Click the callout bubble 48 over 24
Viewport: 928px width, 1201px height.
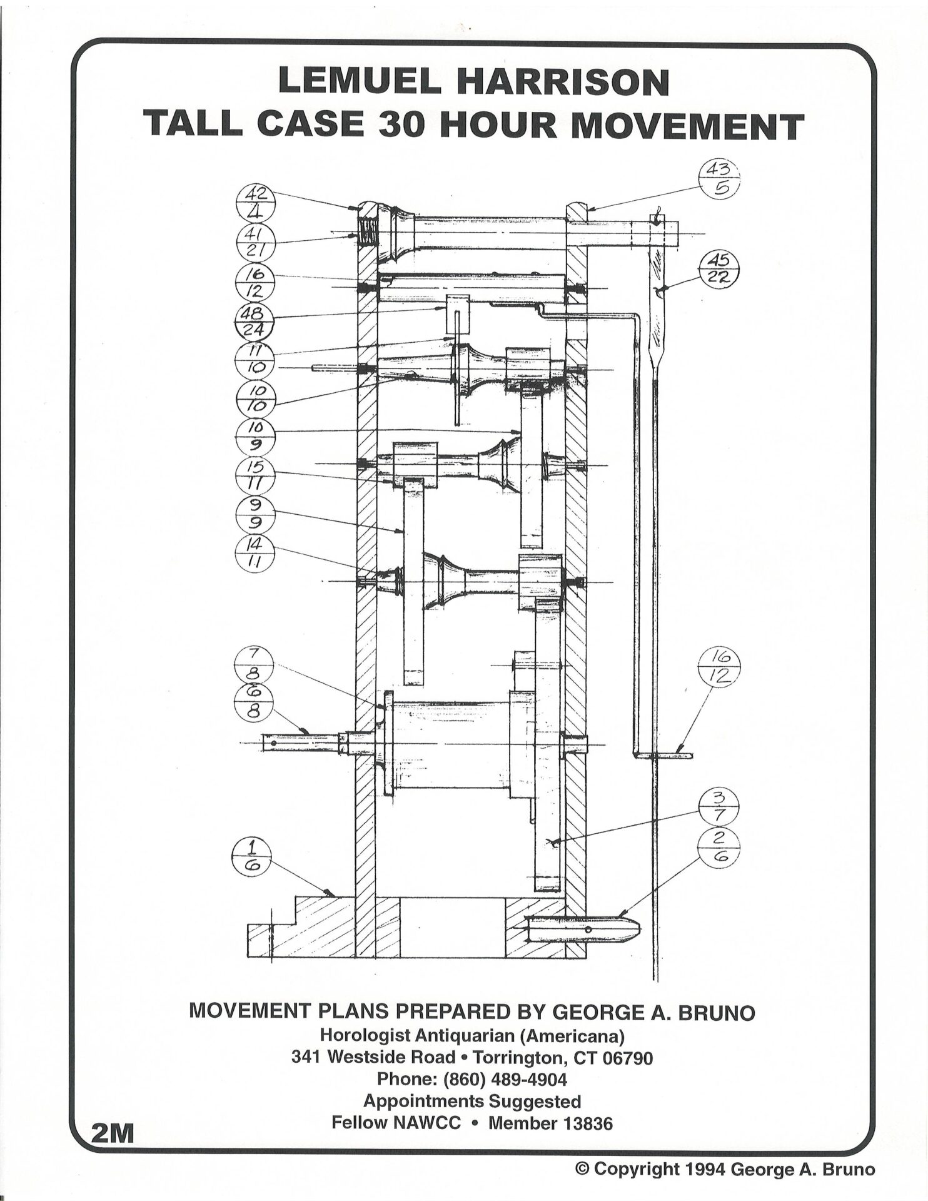255,321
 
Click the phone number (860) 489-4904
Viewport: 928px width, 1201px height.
472,1079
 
